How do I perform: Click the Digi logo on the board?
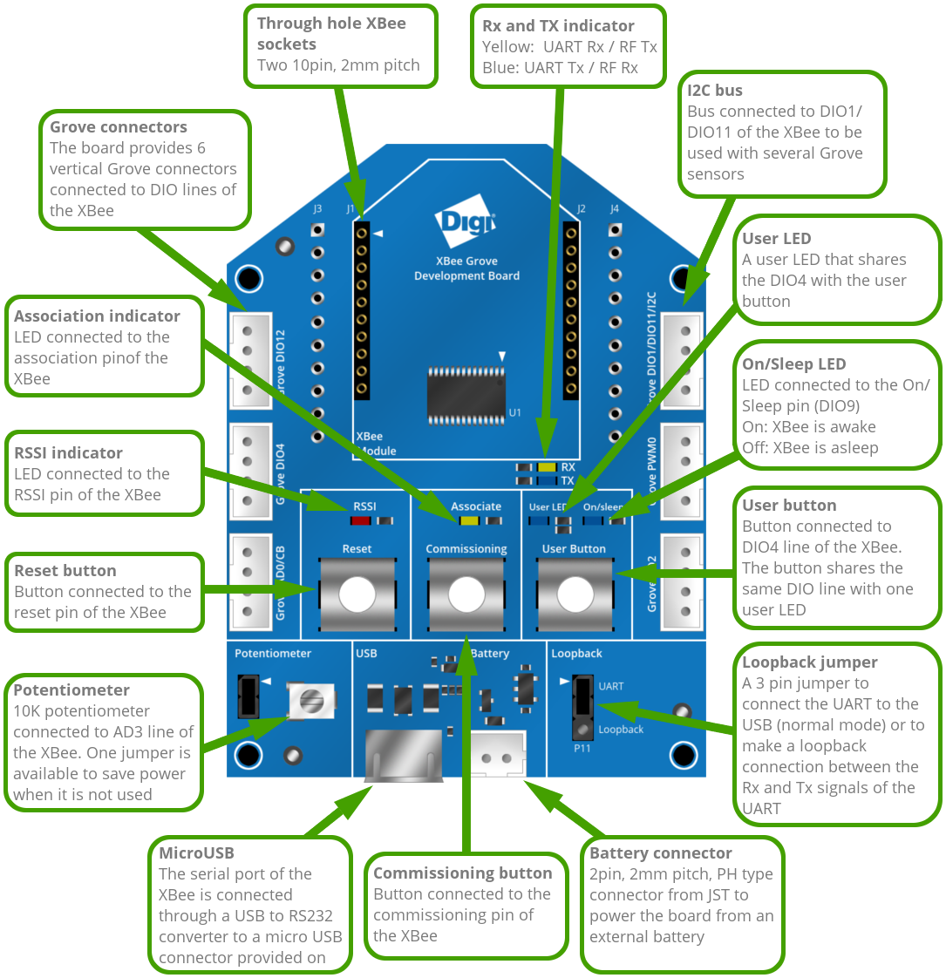point(465,224)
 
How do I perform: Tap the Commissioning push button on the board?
point(466,594)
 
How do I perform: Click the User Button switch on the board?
point(574,594)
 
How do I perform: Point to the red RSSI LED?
point(360,521)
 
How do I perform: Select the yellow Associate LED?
point(469,521)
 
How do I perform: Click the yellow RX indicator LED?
point(547,467)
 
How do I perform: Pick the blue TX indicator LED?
point(547,480)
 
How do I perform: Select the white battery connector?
point(499,751)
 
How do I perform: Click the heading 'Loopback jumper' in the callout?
point(809,662)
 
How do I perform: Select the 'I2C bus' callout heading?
point(715,90)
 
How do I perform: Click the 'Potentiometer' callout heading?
point(71,690)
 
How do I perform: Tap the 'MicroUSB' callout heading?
point(196,853)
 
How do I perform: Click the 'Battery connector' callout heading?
point(661,853)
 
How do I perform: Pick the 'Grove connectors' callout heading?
point(119,127)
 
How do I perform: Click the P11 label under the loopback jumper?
point(582,748)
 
